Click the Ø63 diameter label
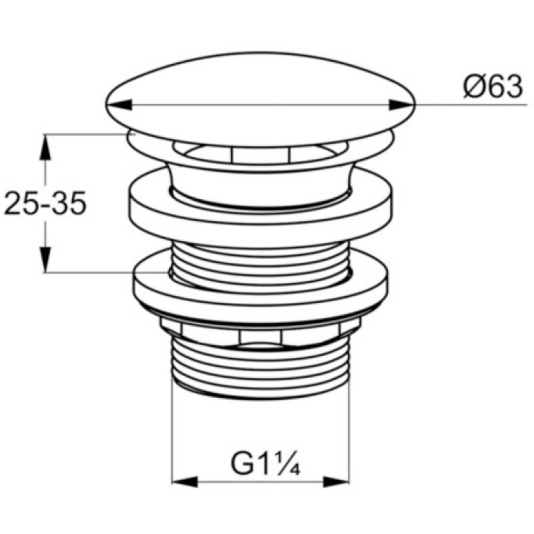[x=493, y=87]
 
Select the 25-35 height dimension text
[x=45, y=204]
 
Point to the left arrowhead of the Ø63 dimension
[x=119, y=105]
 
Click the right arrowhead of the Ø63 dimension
[x=403, y=105]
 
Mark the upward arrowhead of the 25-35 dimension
[x=45, y=147]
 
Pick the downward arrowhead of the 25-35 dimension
[x=45, y=260]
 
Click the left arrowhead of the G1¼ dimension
[x=185, y=482]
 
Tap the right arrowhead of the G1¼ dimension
[x=336, y=482]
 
